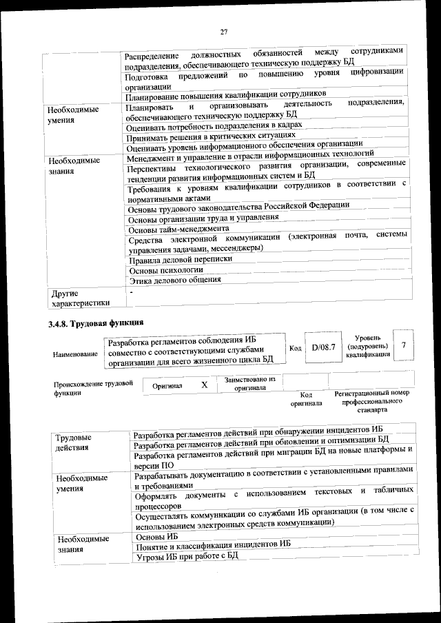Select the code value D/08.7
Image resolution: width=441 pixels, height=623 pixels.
[323, 347]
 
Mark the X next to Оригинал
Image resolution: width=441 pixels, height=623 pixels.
[204, 385]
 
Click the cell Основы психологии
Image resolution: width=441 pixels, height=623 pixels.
[162, 269]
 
